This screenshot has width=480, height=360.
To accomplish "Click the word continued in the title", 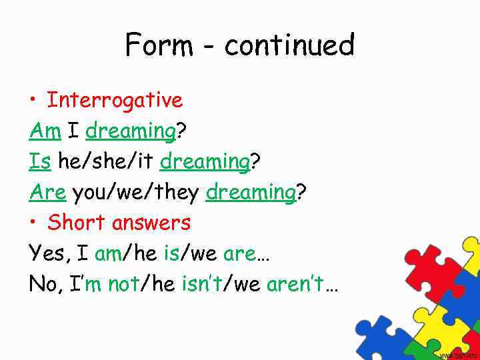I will [289, 45].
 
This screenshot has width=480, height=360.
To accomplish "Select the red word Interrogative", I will [115, 101].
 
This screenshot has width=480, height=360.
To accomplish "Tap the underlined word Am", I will [45, 131].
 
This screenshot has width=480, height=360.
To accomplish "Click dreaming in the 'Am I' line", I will [130, 132].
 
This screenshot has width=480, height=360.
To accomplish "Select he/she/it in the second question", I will [106, 162].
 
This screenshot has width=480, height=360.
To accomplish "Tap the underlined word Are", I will [47, 193].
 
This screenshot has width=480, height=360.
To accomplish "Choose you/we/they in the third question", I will [135, 193].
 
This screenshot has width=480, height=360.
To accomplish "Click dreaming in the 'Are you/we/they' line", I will [251, 193].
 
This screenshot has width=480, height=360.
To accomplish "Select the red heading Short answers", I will [119, 223].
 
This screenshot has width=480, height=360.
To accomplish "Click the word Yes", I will [49, 253].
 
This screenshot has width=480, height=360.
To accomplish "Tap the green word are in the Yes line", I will [239, 254].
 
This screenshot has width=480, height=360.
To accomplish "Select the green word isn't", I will [203, 284].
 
